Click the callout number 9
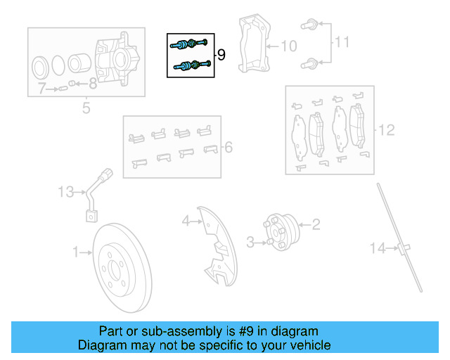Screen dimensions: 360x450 (221, 55)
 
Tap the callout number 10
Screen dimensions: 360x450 (288, 46)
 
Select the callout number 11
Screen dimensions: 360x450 (341, 42)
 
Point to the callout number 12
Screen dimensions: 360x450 (387, 130)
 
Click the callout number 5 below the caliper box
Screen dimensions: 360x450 (86, 108)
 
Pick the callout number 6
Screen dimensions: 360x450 (228, 148)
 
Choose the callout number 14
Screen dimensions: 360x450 (378, 247)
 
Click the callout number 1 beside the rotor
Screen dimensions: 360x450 (76, 250)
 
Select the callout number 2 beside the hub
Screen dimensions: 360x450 (316, 224)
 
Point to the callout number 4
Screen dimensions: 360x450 (186, 221)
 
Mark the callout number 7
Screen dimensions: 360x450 (42, 89)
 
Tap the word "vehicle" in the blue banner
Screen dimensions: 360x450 (305, 345)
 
